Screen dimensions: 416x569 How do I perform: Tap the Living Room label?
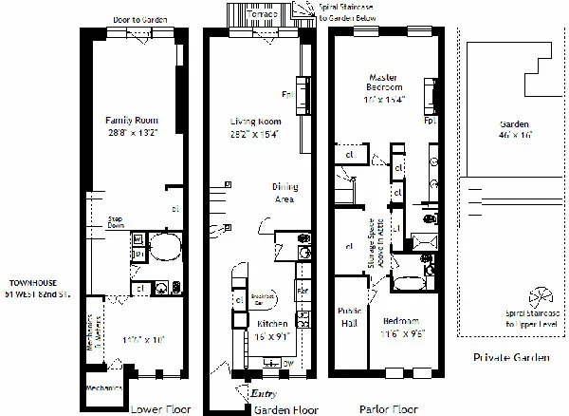tap(257, 122)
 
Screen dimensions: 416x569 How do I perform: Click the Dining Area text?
tap(287, 193)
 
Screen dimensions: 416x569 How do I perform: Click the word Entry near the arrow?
tap(262, 392)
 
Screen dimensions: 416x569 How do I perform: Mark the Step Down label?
tap(118, 225)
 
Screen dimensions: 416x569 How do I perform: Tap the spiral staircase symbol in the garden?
tap(537, 296)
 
